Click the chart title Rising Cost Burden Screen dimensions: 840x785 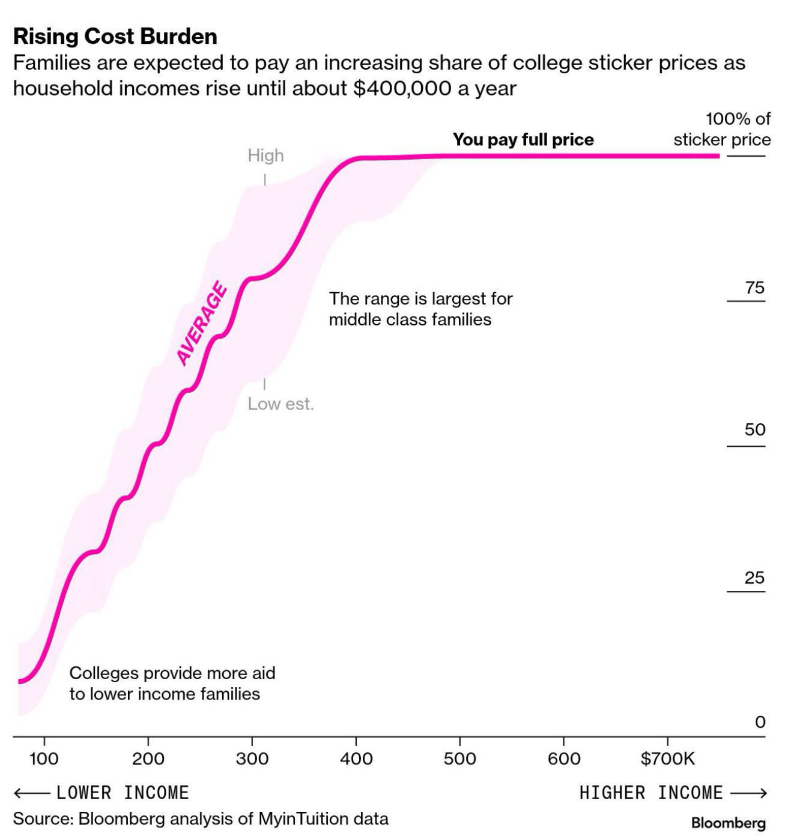[x=115, y=37]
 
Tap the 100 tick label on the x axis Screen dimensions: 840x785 [x=44, y=759]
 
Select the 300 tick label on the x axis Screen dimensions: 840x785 [x=252, y=759]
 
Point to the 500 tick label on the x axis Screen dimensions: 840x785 [x=459, y=759]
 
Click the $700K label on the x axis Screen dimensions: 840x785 [x=667, y=759]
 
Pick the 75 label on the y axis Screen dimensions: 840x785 [x=755, y=288]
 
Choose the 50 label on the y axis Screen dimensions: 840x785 [x=755, y=430]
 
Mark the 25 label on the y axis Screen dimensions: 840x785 [x=755, y=578]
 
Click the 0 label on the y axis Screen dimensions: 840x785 [x=760, y=722]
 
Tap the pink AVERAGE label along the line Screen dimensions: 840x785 [x=202, y=324]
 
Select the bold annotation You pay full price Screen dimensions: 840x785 [x=523, y=140]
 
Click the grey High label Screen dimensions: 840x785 [x=265, y=156]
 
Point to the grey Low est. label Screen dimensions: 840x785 [x=280, y=403]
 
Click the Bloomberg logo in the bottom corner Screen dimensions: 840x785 [x=728, y=823]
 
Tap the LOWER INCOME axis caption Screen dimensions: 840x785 [x=123, y=793]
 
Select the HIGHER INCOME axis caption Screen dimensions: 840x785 [x=651, y=793]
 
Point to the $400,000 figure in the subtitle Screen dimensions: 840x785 [x=402, y=88]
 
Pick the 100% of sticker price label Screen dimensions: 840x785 [x=722, y=129]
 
